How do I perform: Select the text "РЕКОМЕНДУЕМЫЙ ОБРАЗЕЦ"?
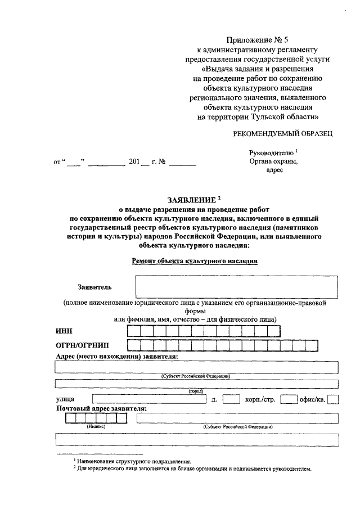click(x=283, y=133)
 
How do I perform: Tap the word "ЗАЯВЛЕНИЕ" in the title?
click(x=191, y=200)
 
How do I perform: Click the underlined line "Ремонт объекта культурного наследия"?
click(x=194, y=261)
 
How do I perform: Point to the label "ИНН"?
click(x=64, y=331)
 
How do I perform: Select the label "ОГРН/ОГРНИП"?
click(x=83, y=345)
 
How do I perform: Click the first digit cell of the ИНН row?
click(x=133, y=331)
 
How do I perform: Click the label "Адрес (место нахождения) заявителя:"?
click(x=117, y=357)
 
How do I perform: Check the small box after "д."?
click(x=231, y=400)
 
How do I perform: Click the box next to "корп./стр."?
click(x=289, y=400)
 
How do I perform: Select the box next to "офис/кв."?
click(x=332, y=400)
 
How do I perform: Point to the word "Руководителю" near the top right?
click(x=271, y=152)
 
